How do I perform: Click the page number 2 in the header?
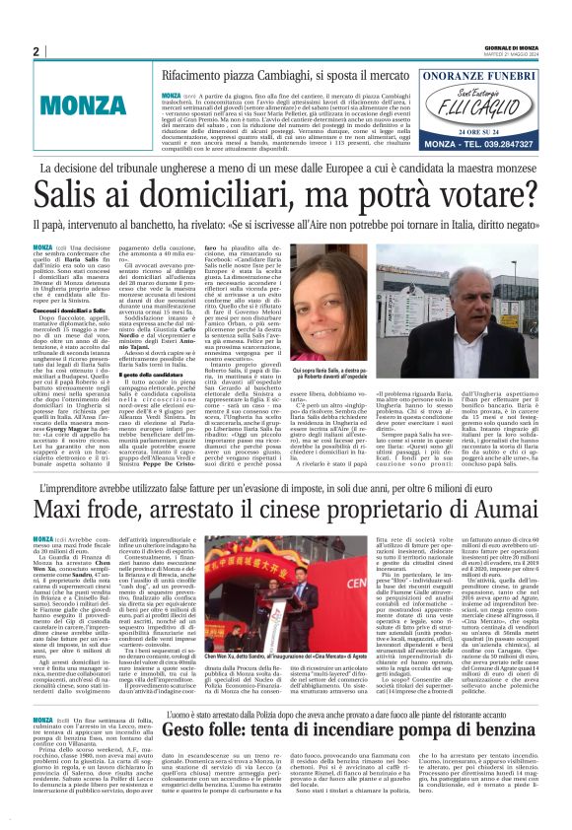point(36,52)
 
